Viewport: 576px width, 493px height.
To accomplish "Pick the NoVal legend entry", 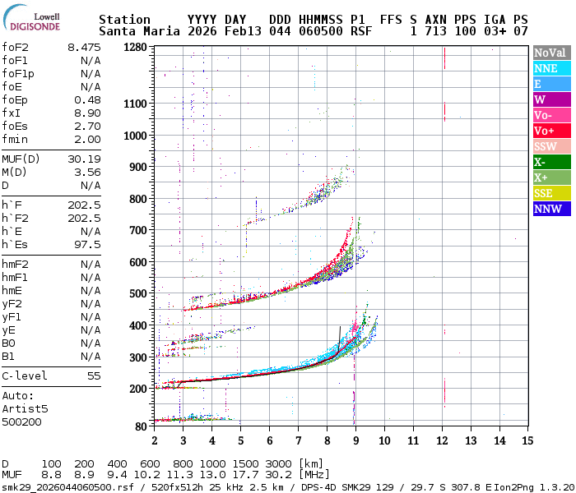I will point(550,53).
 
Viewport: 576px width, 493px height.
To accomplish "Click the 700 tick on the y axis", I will point(137,230).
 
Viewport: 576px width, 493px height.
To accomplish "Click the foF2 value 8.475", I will point(84,47).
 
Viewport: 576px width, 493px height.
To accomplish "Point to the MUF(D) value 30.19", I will point(84,159).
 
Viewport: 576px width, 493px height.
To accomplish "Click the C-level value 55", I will point(94,376).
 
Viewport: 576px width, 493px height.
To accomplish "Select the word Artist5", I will point(25,408).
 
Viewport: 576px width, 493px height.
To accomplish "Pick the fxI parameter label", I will point(12,113).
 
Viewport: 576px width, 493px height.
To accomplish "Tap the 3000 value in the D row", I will point(279,464).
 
